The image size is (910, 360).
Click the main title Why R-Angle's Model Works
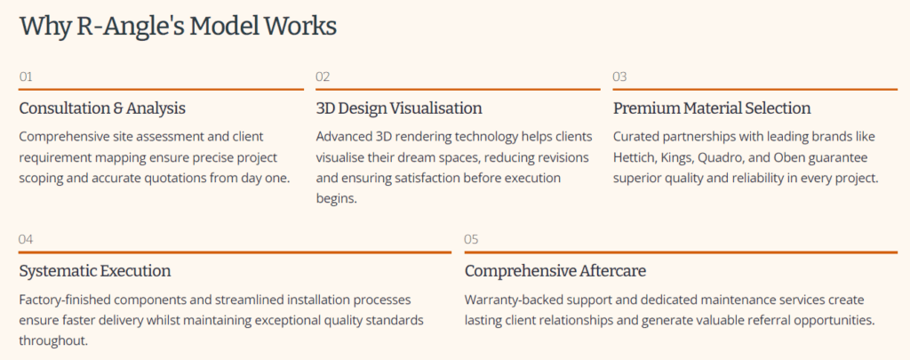click(x=178, y=28)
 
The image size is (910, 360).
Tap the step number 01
click(x=26, y=76)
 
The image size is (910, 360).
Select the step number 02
click(x=323, y=76)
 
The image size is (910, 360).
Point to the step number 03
click(x=619, y=76)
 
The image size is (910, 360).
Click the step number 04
click(x=26, y=239)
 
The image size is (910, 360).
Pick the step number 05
click(x=471, y=239)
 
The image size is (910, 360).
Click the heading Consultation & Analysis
click(x=102, y=108)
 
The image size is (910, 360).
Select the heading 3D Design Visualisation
click(x=399, y=108)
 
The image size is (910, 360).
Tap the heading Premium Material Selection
click(x=712, y=108)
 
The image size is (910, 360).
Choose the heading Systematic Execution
click(x=95, y=270)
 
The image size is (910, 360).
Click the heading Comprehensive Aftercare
click(x=555, y=270)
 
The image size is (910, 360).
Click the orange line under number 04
click(x=235, y=252)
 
